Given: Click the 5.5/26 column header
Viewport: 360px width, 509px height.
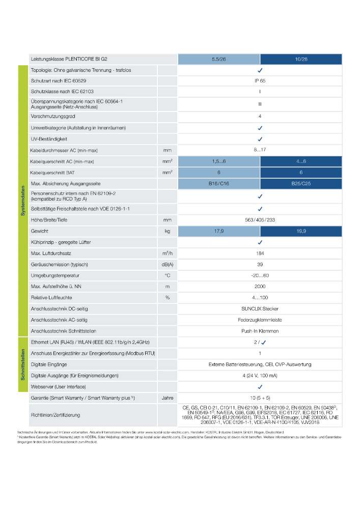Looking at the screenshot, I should click(x=219, y=60).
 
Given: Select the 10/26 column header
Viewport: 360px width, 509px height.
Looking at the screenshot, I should click(x=301, y=60).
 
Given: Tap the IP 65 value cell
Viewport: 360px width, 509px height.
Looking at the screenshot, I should click(x=260, y=81).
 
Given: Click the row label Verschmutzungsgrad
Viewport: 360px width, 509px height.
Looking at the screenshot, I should click(x=53, y=116).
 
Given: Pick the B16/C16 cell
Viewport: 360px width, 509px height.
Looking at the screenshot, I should click(x=219, y=184).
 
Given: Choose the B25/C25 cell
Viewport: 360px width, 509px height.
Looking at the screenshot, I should click(x=301, y=184).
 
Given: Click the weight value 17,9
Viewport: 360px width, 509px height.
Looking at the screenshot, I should click(x=219, y=232).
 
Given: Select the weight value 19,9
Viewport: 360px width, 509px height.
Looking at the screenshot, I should click(x=301, y=232).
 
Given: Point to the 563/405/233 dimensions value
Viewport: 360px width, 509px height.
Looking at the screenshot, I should click(x=260, y=220).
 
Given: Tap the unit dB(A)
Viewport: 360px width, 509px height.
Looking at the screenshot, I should click(x=167, y=265).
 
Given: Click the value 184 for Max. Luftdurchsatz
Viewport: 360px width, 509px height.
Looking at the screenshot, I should click(x=260, y=253).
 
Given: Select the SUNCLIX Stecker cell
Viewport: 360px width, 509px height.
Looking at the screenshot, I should click(x=260, y=309).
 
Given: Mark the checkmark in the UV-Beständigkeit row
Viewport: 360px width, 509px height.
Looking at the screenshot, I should click(x=260, y=139).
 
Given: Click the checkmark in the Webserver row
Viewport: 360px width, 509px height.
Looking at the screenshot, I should click(x=260, y=387).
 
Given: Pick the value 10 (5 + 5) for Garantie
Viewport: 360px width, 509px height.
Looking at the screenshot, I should click(x=260, y=398).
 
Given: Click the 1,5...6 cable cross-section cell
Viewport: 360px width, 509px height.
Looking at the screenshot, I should click(x=219, y=161).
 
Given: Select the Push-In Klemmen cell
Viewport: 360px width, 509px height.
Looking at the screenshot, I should click(x=260, y=331).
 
